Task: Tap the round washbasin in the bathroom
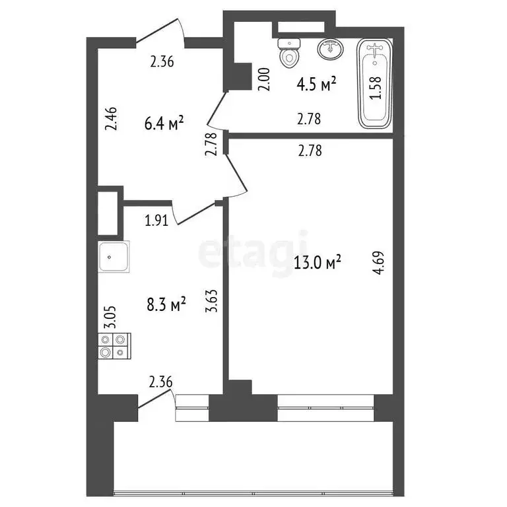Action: [329, 48]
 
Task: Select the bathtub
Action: [375, 84]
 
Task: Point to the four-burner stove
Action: [114, 346]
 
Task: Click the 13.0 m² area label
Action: [317, 264]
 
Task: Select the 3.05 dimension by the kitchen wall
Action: [113, 317]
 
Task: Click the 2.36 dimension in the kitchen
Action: [161, 381]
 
